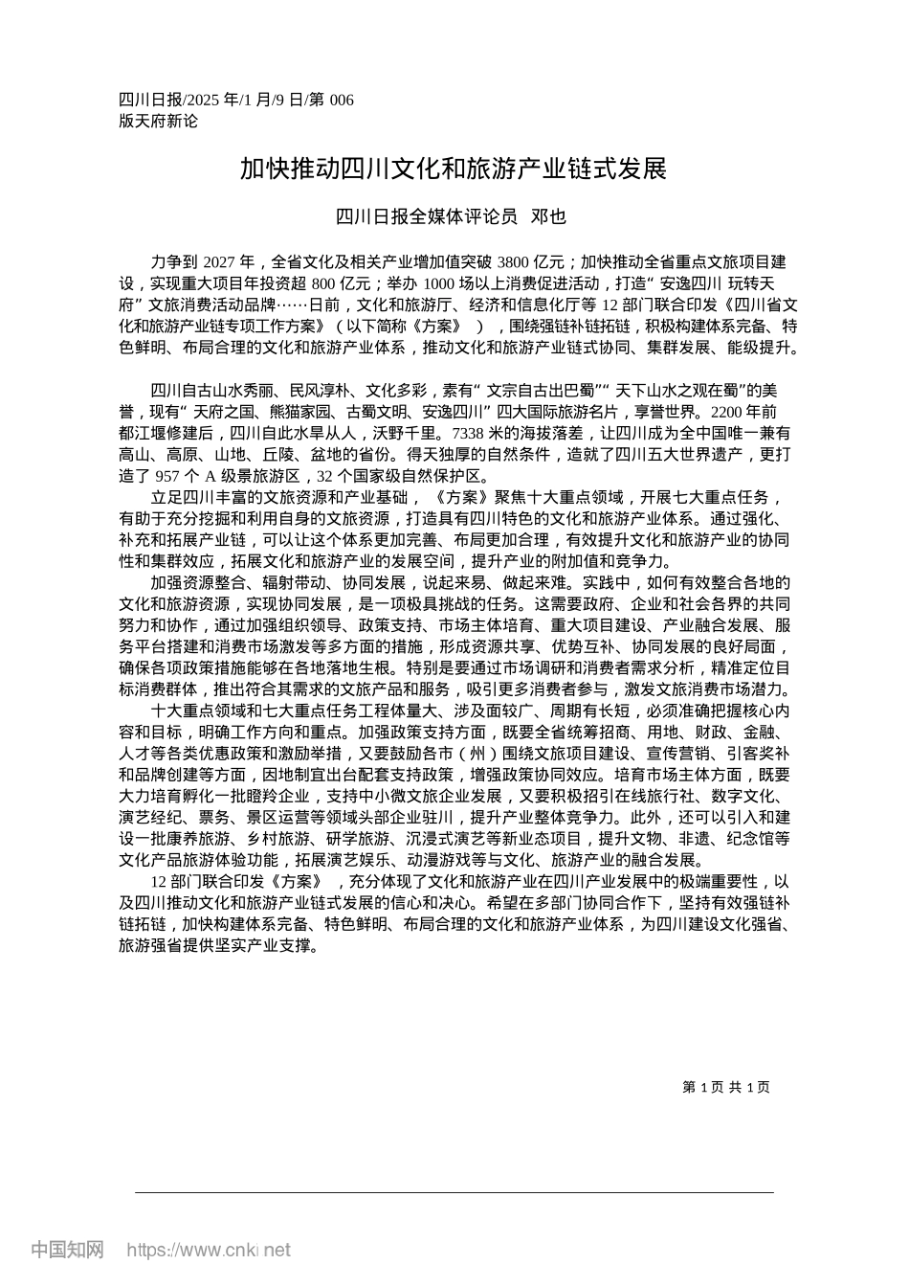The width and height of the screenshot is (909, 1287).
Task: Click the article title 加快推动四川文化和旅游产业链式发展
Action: (453, 170)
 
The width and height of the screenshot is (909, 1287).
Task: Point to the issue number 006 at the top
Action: (341, 101)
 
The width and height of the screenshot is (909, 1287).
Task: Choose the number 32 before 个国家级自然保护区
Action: (324, 476)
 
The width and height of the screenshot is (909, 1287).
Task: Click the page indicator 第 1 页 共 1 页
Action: (726, 1087)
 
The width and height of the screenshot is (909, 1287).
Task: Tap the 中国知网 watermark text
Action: (68, 1250)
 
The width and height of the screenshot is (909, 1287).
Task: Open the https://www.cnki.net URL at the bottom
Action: (209, 1250)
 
